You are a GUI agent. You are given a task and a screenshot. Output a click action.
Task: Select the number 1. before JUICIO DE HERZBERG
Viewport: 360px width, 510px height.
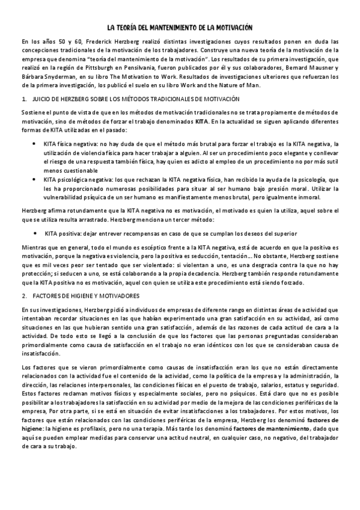pos(23,99)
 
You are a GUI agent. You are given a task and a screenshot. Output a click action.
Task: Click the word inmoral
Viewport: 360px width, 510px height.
pos(308,198)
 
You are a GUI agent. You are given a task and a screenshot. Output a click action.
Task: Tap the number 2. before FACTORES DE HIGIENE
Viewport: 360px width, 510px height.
pos(23,296)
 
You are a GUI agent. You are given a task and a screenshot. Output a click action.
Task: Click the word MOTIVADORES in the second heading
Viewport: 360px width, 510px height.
pos(117,296)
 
